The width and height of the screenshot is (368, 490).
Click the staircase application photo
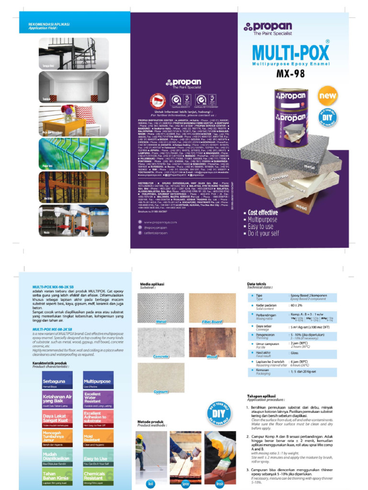tap(73, 53)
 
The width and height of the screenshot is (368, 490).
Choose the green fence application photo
tap(73, 154)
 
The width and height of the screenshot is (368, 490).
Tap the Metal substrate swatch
tap(161, 308)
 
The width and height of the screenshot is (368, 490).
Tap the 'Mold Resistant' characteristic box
tap(98, 438)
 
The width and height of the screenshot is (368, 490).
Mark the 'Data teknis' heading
tap(256, 284)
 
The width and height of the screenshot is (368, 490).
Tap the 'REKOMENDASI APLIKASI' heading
tap(49, 24)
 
